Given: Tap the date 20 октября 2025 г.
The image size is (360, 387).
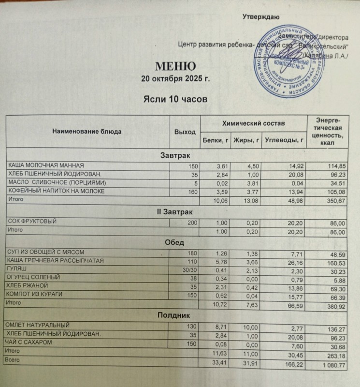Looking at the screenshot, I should pyautogui.click(x=175, y=78).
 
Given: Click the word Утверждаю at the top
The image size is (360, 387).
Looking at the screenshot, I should pyautogui.click(x=261, y=17).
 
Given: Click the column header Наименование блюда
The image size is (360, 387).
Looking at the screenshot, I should pyautogui.click(x=87, y=131).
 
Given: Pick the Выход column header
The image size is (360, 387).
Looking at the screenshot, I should pyautogui.click(x=185, y=132).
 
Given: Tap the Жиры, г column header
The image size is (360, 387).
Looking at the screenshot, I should pyautogui.click(x=246, y=141).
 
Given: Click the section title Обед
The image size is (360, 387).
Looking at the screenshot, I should pyautogui.click(x=175, y=241).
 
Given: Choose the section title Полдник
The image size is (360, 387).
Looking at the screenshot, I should pyautogui.click(x=175, y=315).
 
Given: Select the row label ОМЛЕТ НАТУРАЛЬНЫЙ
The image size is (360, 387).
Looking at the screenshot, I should pyautogui.click(x=39, y=326).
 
